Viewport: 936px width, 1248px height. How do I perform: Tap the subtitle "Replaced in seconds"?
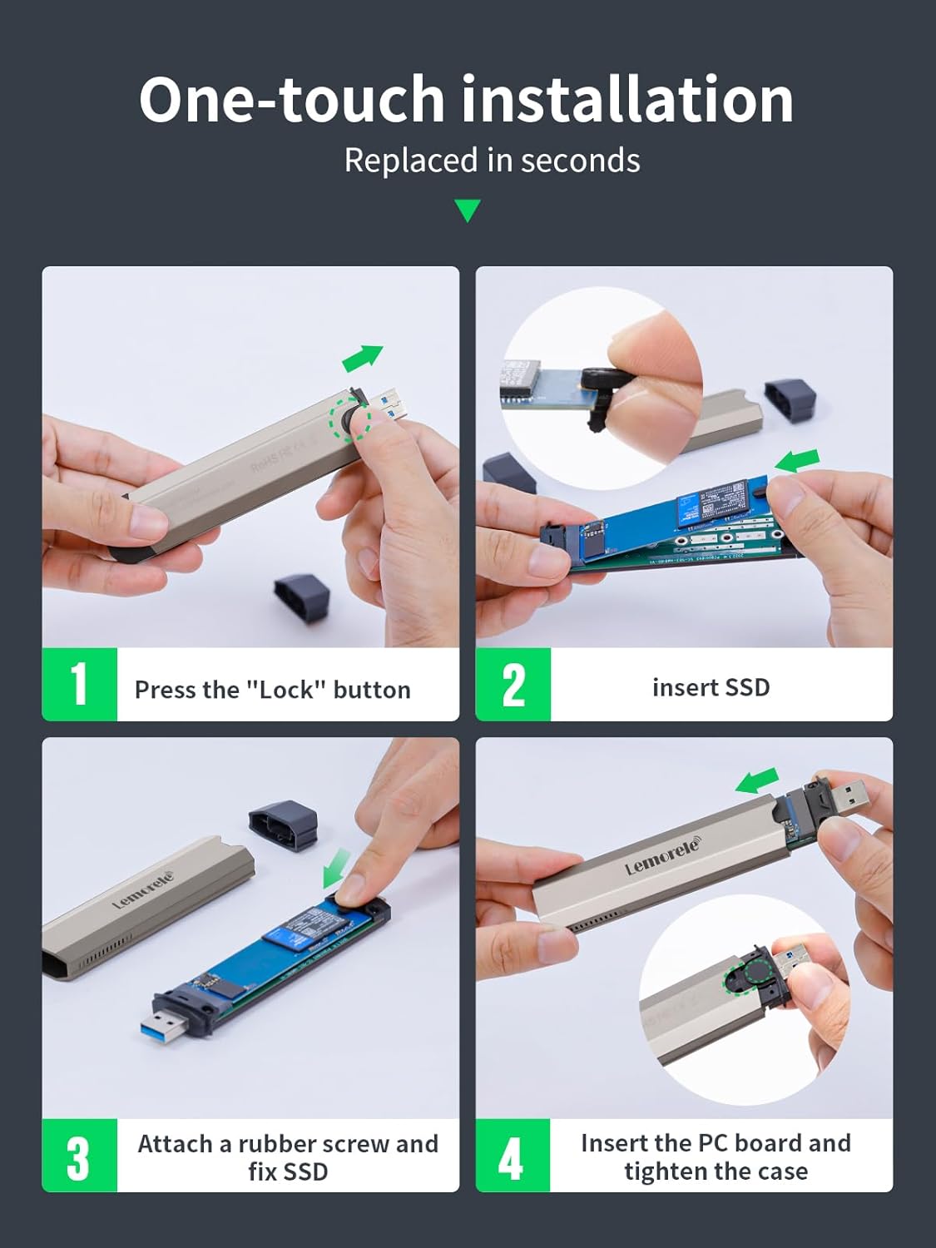coord(492,161)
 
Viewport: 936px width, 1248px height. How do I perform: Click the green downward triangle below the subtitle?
coord(468,210)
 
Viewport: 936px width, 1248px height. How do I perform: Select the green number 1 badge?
coord(80,684)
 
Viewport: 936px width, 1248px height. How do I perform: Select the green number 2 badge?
coord(513,684)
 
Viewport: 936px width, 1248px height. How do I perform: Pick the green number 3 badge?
coord(79,1156)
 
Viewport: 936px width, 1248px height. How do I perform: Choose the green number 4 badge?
coord(513,1156)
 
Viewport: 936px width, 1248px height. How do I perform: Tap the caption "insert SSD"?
coord(711,687)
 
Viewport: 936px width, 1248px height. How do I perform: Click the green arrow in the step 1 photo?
coord(363,358)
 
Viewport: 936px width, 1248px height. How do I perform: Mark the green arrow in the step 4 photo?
coord(757,782)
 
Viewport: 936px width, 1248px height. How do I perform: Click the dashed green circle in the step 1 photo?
coord(350,420)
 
